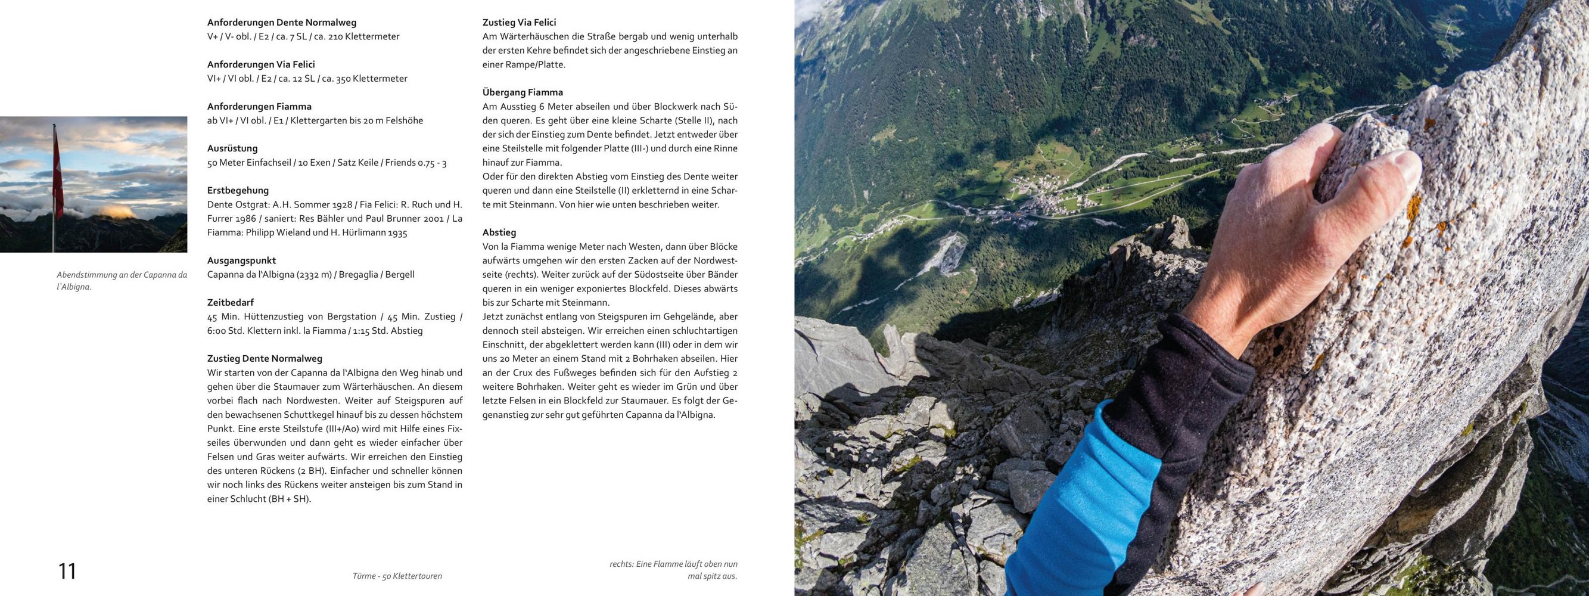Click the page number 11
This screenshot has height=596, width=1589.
point(67,572)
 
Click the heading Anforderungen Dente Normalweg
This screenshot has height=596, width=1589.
point(281,22)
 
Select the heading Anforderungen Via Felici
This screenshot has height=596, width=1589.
point(261,64)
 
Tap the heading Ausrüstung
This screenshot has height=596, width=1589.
point(232,148)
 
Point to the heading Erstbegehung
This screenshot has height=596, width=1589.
point(238,190)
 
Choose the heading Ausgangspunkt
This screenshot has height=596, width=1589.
point(241,260)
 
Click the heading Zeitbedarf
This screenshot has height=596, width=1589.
point(231,302)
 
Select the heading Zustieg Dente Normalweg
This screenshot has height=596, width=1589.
point(265,358)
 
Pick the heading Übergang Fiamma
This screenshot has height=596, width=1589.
point(523,92)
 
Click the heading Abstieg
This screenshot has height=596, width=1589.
point(499,232)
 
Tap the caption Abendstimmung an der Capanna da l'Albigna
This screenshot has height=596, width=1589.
point(122,280)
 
